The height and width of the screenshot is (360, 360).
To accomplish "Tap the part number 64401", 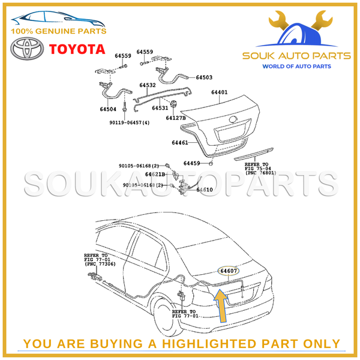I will [x=219, y=93].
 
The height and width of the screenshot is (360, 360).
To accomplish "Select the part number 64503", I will [x=203, y=77].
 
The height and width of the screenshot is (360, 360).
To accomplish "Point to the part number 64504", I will [x=108, y=110].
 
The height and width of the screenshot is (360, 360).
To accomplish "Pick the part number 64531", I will [x=160, y=108].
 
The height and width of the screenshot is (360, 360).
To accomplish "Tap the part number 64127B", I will [x=176, y=118].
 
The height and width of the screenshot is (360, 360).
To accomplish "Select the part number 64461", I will [x=180, y=143].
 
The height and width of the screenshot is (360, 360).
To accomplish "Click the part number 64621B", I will [x=155, y=174].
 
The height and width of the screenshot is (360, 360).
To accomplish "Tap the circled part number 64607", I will [x=229, y=271].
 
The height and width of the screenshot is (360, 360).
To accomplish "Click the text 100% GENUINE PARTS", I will [x=59, y=31].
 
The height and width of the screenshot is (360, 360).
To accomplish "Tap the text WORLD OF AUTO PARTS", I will [x=295, y=65].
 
